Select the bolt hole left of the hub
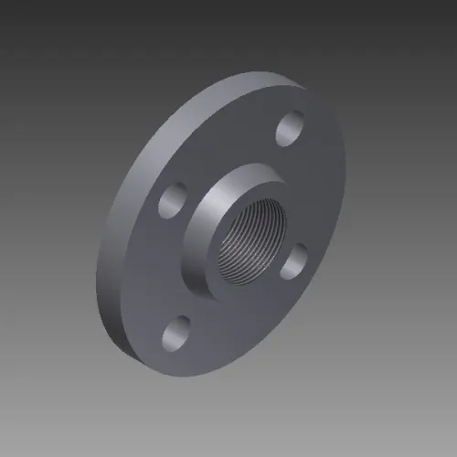coord(173,200)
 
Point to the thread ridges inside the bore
coord(239,239)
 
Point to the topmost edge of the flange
coord(274,75)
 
